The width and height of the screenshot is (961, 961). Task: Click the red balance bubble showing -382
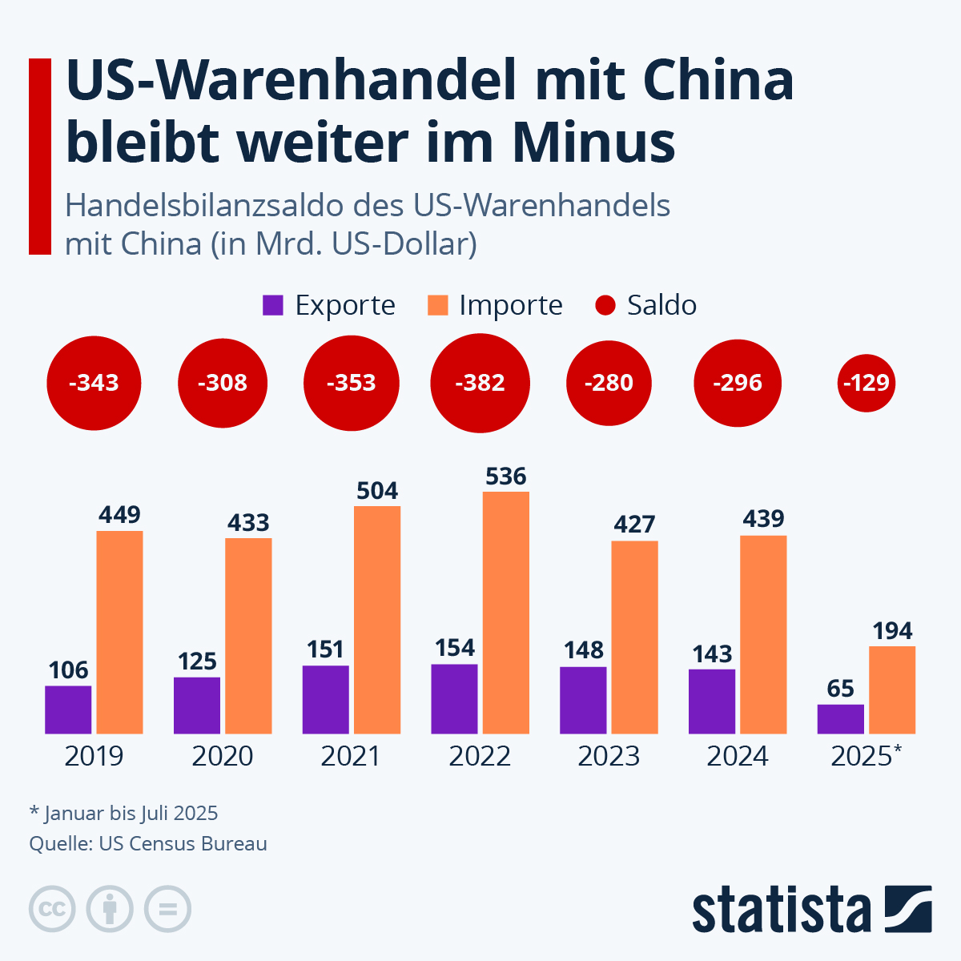click(480, 383)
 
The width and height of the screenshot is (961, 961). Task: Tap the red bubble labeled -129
click(866, 383)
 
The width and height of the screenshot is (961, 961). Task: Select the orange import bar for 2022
click(505, 613)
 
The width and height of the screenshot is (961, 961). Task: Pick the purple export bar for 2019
click(68, 710)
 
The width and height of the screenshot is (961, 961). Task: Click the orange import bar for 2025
click(891, 690)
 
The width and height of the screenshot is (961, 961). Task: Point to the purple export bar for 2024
click(711, 701)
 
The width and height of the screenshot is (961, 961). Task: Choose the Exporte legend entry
click(329, 305)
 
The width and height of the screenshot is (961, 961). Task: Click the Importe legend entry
click(496, 305)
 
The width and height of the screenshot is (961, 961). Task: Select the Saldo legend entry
click(646, 305)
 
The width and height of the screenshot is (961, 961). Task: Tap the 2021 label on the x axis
click(351, 756)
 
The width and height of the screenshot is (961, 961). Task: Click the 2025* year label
click(866, 756)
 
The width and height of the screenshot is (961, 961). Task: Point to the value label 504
click(377, 490)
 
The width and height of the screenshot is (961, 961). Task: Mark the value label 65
click(840, 689)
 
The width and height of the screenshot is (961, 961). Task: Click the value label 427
click(634, 525)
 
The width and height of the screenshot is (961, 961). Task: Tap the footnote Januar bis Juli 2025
click(124, 814)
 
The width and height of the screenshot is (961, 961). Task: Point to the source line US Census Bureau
click(148, 844)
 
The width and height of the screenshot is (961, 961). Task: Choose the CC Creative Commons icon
click(52, 909)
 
